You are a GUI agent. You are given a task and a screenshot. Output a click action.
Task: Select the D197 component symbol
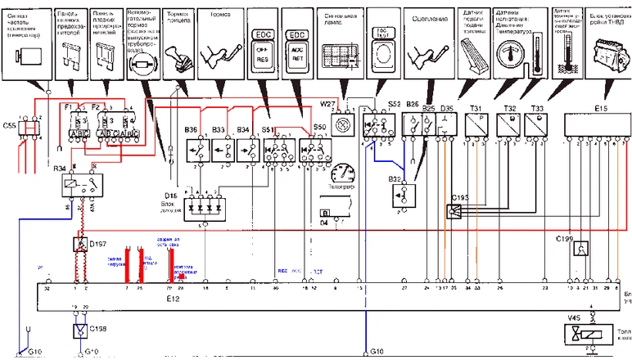81,245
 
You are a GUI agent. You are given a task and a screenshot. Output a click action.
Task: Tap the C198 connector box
81,331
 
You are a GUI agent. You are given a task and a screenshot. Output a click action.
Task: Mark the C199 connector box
580,250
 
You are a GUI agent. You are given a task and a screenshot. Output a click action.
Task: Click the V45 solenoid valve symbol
582,335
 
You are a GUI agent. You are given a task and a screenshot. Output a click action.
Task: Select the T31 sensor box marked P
476,124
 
